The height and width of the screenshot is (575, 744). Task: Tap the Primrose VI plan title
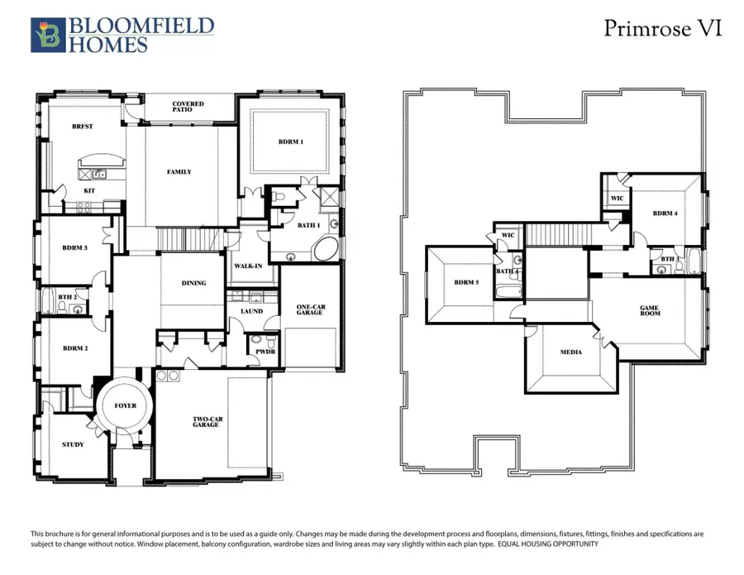(x=663, y=29)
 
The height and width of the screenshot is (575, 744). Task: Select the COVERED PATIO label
(x=188, y=108)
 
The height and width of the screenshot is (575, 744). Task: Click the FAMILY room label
(x=179, y=172)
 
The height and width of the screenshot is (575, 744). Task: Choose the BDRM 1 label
(x=290, y=142)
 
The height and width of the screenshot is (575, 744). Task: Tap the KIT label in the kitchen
(x=89, y=191)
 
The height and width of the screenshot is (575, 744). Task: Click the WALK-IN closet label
(x=248, y=266)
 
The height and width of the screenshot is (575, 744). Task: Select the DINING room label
(x=193, y=283)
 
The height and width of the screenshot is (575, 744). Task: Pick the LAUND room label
(x=251, y=311)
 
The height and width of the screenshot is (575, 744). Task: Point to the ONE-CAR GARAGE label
(x=311, y=310)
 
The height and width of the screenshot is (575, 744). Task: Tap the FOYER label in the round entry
(x=125, y=405)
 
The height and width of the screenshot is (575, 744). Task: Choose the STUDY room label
(x=73, y=445)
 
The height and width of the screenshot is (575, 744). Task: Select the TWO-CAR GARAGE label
(x=207, y=421)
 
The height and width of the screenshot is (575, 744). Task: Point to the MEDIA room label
(x=570, y=352)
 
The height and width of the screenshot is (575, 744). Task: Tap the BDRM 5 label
(x=466, y=282)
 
